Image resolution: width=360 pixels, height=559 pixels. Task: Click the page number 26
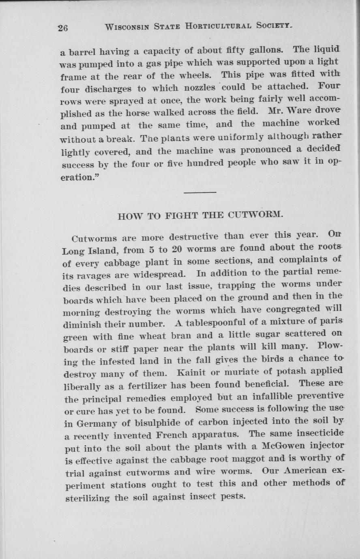point(63,28)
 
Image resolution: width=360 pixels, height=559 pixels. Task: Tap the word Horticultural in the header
point(219,26)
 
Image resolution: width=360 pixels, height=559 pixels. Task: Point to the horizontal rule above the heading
point(199,192)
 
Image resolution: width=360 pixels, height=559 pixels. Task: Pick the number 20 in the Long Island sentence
point(176,248)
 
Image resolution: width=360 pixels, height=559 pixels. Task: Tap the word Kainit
point(193,371)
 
